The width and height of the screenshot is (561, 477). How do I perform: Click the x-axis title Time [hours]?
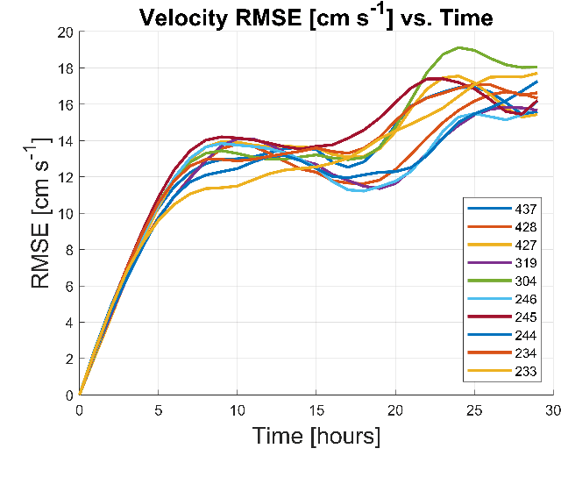(x=316, y=436)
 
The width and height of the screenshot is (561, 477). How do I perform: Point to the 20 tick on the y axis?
(x=65, y=32)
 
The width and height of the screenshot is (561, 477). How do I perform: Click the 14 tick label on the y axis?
(x=65, y=141)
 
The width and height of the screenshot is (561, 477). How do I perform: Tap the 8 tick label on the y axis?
(x=68, y=250)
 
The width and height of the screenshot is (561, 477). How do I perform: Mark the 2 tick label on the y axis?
(x=68, y=359)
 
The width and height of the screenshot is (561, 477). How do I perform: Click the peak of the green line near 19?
(x=459, y=47)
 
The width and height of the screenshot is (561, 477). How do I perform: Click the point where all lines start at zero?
(x=80, y=395)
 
